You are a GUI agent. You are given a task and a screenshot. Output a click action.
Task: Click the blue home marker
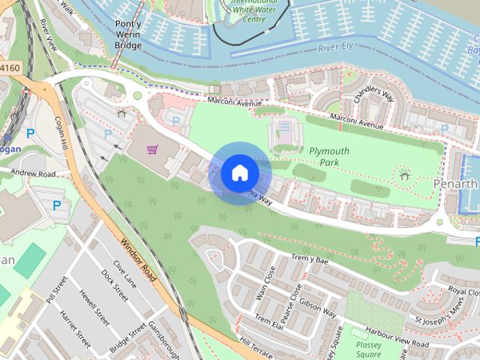tap(239, 173)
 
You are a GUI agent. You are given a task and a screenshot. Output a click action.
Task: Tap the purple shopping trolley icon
tap(152, 149)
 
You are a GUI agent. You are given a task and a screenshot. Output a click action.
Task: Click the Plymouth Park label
tap(328, 156)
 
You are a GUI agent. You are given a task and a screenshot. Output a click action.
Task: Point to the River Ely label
tap(336, 48)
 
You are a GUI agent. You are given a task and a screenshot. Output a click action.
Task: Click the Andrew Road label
tap(33, 173)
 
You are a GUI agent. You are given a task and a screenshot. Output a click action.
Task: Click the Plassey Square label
tap(369, 351)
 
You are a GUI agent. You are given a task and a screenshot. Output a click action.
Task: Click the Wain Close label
tap(265, 283)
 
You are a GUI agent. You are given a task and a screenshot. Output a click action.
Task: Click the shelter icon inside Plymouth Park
tap(405, 176)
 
